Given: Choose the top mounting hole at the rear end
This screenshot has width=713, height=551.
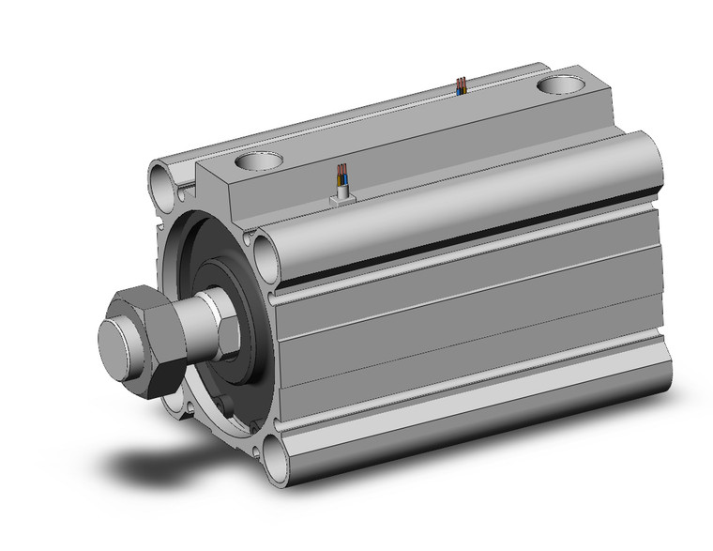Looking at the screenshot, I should tap(561, 87).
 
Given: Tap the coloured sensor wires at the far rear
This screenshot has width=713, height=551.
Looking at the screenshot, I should tap(460, 85).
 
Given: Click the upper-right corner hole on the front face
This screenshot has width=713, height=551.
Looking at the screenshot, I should tap(264, 252).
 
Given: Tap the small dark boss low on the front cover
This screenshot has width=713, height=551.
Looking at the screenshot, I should tap(224, 406).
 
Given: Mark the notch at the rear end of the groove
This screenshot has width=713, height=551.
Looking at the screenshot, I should tap(656, 201).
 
